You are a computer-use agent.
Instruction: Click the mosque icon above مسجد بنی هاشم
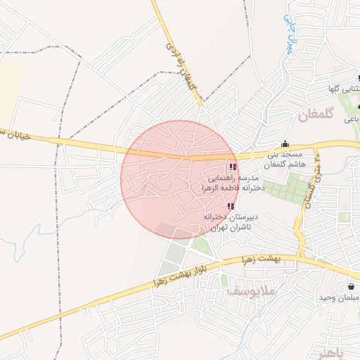pos(285,143)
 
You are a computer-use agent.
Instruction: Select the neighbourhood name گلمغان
pos(312,113)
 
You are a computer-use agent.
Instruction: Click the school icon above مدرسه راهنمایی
pos(232,167)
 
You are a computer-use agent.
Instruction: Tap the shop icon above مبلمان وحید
pos(351,287)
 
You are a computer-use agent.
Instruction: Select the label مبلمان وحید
pos(338,299)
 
